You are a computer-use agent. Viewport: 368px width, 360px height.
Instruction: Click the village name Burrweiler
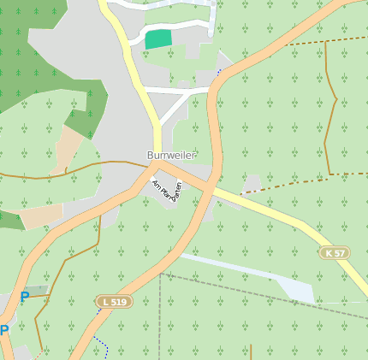[171, 156]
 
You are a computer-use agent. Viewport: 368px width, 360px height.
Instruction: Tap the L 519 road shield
[114, 302]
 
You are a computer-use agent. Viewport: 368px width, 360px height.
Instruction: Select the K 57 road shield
[335, 253]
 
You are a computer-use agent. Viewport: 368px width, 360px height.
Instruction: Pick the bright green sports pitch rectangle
[157, 38]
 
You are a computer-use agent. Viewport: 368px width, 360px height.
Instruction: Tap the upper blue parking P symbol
[25, 297]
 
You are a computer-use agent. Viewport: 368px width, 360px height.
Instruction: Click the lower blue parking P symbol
[4, 330]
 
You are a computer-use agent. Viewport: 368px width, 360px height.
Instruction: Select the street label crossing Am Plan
[177, 191]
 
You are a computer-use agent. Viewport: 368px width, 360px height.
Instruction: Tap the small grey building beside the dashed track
[252, 183]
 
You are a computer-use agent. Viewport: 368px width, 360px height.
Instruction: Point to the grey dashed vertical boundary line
[160, 316]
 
